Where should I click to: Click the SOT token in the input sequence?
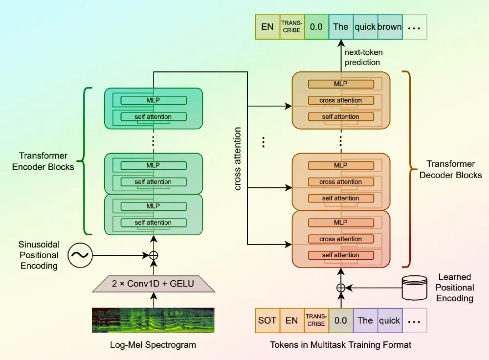pyautogui.click(x=267, y=321)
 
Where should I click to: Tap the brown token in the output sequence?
pyautogui.click(x=389, y=27)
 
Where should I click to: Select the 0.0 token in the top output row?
pyautogui.click(x=316, y=27)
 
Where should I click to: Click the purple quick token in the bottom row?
pyautogui.click(x=390, y=321)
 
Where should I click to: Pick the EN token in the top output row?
pyautogui.click(x=267, y=27)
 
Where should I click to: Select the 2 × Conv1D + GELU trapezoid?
pyautogui.click(x=154, y=284)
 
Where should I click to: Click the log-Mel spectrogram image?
pyautogui.click(x=154, y=320)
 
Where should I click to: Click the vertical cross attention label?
pyautogui.click(x=238, y=159)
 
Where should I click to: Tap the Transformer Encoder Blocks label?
pyautogui.click(x=46, y=161)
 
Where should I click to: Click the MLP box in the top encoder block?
pyautogui.click(x=154, y=100)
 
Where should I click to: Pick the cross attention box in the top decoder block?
pyautogui.click(x=341, y=100)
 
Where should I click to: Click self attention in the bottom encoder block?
pyautogui.click(x=154, y=223)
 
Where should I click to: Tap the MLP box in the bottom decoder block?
pyautogui.click(x=341, y=223)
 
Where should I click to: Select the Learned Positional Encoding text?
pyautogui.click(x=455, y=288)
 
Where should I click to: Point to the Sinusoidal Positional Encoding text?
pyautogui.click(x=39, y=255)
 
